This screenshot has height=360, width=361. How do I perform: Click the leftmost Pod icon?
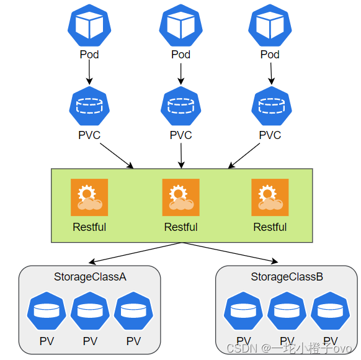coord(89,24)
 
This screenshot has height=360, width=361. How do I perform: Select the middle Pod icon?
coord(181,24)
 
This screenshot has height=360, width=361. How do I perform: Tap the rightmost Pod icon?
coord(270,24)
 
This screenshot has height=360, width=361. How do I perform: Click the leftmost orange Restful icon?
coord(89,197)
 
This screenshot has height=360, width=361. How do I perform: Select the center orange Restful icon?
coord(181,197)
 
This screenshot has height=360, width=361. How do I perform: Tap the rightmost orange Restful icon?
coord(270,197)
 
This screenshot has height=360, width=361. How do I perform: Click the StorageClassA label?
coord(91,277)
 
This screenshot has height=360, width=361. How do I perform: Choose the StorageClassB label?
coord(287,277)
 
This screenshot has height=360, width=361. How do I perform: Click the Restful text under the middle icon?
coord(181,227)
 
